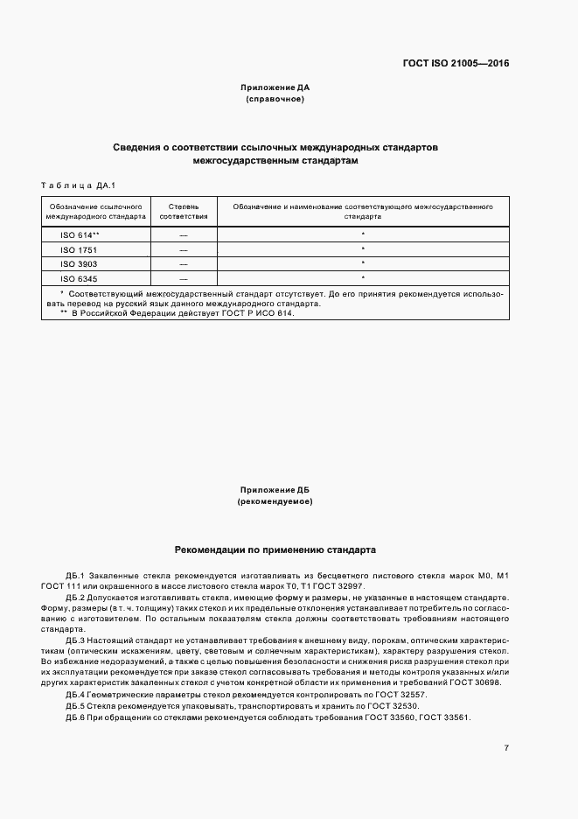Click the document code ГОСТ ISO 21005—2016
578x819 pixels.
tap(456, 64)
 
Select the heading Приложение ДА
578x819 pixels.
tap(275, 87)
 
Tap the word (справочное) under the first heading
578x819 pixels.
tap(275, 100)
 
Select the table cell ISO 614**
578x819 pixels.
tap(80, 235)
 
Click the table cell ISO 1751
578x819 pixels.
tap(78, 249)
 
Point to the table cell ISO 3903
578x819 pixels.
tap(78, 263)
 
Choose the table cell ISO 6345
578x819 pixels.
tap(78, 277)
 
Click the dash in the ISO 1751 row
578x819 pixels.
tap(184, 249)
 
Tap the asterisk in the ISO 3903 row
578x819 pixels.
tap(362, 262)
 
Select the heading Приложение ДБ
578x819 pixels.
tap(275, 490)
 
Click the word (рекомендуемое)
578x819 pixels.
tap(275, 502)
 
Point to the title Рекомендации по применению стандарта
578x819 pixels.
tap(275, 551)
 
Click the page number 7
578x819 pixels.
tap(506, 747)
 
